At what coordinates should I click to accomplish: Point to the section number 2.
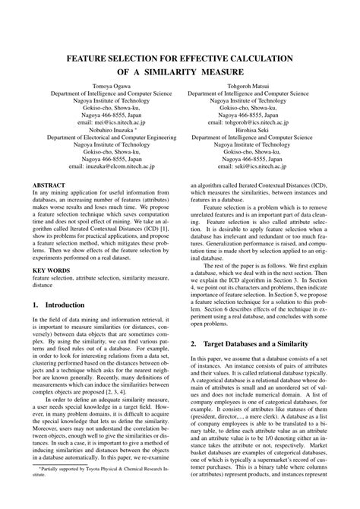pyautogui.click(x=193, y=343)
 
